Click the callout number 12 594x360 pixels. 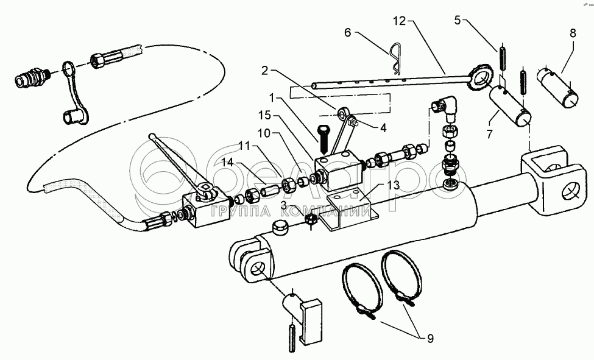point(399,21)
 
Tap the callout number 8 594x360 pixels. point(573,34)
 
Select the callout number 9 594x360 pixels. point(430,338)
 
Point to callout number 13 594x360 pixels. point(393,185)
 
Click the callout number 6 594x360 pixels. point(458,20)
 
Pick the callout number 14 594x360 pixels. point(348,33)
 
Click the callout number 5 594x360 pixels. point(489,134)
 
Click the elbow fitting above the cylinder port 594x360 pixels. point(445,106)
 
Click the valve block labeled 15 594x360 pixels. point(338,170)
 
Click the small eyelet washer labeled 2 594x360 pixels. point(342,113)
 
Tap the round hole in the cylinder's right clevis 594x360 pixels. point(571,190)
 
